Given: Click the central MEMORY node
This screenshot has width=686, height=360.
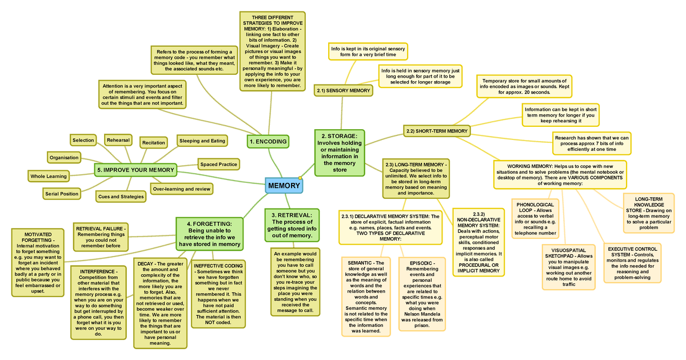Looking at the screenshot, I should point(284,186).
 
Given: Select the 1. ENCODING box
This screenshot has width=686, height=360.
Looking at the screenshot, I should point(268,141).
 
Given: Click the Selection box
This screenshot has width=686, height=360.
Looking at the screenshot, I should point(83,140).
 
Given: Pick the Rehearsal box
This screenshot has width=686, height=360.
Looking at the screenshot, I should point(118,140).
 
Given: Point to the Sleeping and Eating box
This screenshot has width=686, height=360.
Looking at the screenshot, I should point(202,141).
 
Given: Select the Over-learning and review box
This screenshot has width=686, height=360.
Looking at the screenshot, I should point(181,189).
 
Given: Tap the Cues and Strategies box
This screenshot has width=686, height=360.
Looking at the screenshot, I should point(121,197).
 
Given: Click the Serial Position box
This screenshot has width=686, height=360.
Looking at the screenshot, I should point(62,194).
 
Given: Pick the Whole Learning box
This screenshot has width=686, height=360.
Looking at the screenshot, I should point(49,176).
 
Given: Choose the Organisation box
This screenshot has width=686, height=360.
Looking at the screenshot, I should point(64,157).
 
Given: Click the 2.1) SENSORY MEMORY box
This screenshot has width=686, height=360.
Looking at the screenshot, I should point(343,90).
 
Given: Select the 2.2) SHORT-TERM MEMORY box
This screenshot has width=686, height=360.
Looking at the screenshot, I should point(436,131).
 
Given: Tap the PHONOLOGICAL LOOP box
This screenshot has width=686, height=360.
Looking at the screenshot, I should point(535,219).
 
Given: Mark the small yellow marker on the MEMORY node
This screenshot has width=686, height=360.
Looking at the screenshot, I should point(300,179).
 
